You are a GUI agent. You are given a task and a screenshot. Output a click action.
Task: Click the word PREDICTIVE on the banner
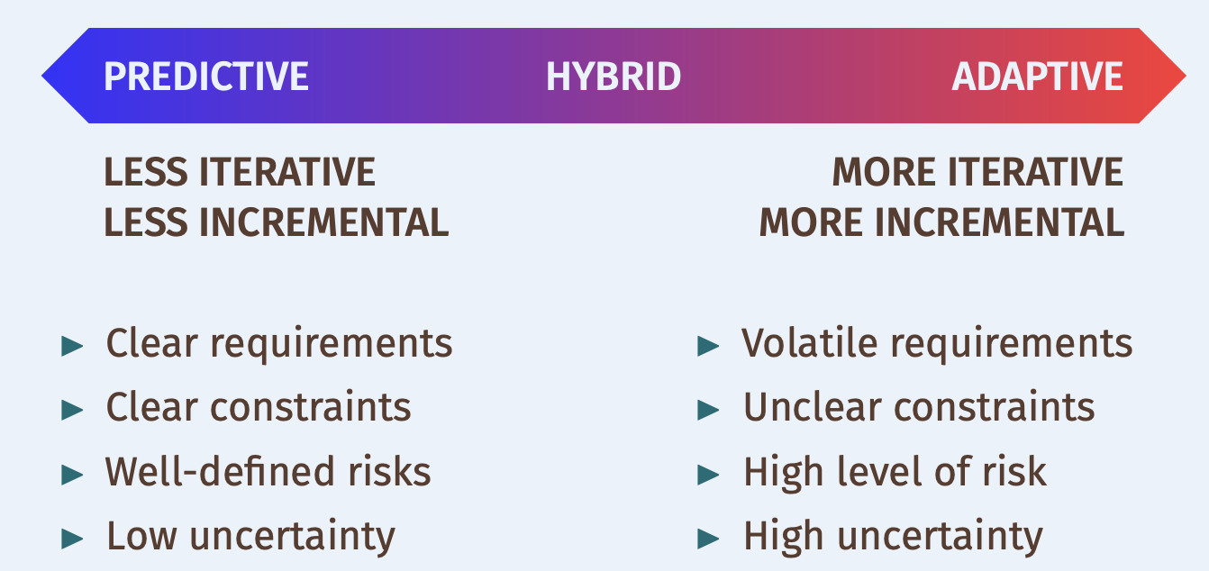[x=205, y=77]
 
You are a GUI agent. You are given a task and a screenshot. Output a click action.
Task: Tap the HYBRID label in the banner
[x=614, y=77]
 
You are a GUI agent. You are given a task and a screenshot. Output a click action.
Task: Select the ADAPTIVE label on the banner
[x=1037, y=77]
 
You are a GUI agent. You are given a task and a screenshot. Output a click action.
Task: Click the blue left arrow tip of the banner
[x=42, y=76]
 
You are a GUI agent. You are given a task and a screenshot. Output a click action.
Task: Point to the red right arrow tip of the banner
[x=1186, y=76]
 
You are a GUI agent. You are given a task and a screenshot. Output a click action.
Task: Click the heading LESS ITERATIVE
[x=239, y=172]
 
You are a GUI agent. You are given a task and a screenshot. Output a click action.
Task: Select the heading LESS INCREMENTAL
[x=276, y=222]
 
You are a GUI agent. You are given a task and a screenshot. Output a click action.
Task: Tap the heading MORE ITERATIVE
[x=977, y=172]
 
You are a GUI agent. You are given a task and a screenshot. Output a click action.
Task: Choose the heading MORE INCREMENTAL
[x=941, y=222]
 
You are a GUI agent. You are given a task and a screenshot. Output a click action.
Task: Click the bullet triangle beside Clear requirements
[x=72, y=346]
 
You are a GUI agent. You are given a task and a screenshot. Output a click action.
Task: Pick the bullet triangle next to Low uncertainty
[x=72, y=539]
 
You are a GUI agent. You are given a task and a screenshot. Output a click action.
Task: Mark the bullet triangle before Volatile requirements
[x=708, y=346]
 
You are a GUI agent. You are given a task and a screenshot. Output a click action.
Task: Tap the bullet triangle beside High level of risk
[x=708, y=475]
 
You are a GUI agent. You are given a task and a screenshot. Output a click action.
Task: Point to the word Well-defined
[x=219, y=471]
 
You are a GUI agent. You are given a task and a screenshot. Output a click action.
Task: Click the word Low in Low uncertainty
[x=141, y=536]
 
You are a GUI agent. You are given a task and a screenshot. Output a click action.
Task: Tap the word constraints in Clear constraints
[x=310, y=407]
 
